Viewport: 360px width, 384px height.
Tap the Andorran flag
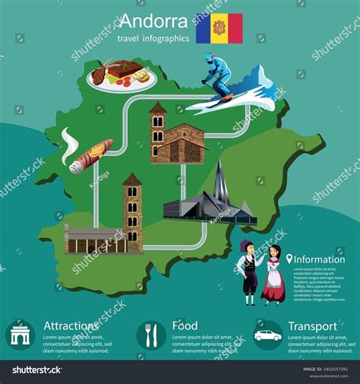219,28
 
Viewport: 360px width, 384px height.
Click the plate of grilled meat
122,75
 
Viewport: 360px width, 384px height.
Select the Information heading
319,259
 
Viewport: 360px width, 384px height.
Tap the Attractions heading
71,326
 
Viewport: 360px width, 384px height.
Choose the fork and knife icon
150,335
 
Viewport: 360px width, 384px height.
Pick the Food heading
185,326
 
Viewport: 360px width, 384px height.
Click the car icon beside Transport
267,335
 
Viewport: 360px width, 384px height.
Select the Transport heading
312,326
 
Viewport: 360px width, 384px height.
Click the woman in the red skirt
271,278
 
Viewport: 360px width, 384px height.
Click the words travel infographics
153,38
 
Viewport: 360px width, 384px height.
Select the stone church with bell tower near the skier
175,137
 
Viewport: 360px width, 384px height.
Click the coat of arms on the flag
219,29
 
